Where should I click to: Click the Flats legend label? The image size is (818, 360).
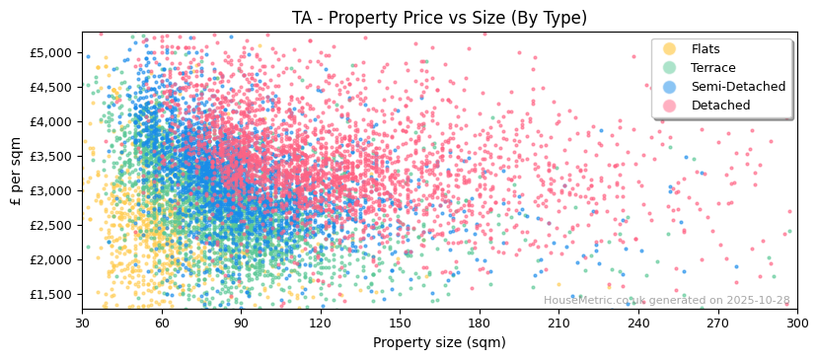[x=706, y=49]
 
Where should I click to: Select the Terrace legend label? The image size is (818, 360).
[x=712, y=68]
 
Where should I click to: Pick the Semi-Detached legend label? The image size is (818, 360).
[x=738, y=87]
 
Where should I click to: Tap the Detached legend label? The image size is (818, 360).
[x=719, y=106]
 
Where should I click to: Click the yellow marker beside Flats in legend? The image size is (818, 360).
[x=670, y=49]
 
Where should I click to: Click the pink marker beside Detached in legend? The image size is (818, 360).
[x=670, y=106]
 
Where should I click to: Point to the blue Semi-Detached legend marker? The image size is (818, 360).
[x=670, y=87]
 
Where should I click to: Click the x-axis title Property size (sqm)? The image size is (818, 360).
[x=439, y=343]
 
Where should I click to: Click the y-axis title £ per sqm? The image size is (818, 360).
[x=17, y=171]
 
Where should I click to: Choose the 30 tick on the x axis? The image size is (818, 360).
[x=83, y=323]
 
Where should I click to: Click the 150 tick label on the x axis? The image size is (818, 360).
[x=400, y=323]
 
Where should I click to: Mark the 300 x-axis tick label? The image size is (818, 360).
[x=796, y=323]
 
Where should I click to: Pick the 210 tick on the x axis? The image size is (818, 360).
[x=558, y=323]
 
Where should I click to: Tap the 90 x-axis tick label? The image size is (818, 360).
[x=241, y=323]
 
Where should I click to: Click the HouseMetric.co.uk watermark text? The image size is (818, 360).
[x=666, y=301]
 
